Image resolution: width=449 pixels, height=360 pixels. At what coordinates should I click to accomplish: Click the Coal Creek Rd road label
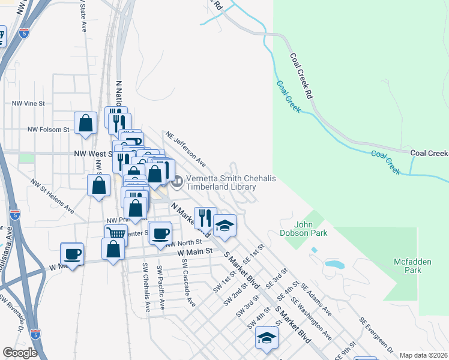302,76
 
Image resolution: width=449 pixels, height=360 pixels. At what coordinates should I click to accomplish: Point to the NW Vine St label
29,103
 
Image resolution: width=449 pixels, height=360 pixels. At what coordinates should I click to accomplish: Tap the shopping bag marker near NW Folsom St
86,123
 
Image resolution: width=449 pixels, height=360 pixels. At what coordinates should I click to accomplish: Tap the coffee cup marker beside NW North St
160,233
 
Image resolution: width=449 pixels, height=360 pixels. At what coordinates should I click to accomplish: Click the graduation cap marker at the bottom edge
267,338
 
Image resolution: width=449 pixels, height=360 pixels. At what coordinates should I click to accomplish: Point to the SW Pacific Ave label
160,287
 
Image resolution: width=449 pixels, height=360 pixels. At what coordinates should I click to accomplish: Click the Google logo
20,353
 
